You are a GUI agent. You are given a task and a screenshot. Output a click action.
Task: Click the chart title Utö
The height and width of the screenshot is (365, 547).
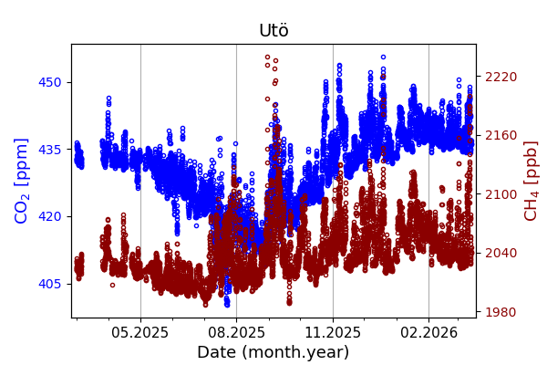[x=273, y=31]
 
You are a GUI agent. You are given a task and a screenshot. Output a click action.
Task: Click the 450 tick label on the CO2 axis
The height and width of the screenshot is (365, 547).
[x=50, y=82]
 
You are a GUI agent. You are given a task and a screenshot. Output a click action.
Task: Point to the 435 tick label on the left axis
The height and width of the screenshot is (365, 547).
[x=50, y=149]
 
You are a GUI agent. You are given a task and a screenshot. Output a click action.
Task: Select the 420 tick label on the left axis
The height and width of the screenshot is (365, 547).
[x=50, y=216]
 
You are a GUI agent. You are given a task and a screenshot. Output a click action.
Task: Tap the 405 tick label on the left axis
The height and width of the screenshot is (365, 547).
[x=50, y=284]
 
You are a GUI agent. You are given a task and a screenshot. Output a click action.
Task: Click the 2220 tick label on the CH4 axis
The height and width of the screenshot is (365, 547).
[x=501, y=77]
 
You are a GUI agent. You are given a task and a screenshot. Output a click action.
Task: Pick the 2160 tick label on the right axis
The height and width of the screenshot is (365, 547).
[x=501, y=135]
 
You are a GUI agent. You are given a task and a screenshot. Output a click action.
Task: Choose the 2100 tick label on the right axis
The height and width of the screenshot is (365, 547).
[x=501, y=194]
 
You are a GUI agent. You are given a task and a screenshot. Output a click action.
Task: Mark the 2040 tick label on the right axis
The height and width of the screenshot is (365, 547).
[x=501, y=253]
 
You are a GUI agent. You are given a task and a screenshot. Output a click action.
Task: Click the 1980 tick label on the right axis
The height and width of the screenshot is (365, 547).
[x=501, y=312]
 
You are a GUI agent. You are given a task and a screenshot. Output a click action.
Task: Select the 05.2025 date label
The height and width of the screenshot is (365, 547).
[x=140, y=333]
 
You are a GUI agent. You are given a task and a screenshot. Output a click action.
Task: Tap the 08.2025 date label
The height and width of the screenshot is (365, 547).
[x=236, y=333]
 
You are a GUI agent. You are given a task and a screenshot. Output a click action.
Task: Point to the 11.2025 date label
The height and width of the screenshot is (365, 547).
[x=333, y=333]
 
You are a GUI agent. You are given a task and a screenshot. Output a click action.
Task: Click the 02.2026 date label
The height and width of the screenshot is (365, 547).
[x=428, y=333]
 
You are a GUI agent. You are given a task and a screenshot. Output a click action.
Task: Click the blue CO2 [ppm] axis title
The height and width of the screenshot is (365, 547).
[x=22, y=181]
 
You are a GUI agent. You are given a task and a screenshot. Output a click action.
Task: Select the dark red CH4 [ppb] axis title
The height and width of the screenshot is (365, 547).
[x=531, y=181]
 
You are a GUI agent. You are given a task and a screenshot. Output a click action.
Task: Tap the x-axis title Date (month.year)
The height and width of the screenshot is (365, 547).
[x=273, y=352]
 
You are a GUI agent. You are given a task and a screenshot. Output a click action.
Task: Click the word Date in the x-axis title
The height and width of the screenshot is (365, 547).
[x=216, y=352]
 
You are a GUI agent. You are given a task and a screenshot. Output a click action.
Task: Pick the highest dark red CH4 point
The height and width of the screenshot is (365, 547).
[x=267, y=57]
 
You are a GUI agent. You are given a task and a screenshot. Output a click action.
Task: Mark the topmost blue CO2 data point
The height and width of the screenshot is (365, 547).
[x=383, y=57]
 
